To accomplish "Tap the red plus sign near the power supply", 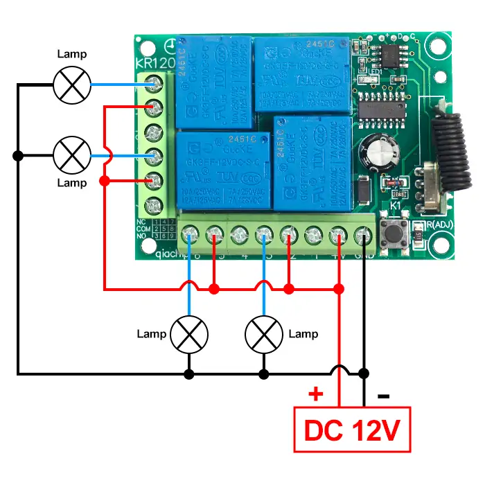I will pos(316,395).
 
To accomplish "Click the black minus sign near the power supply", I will pos(383,396).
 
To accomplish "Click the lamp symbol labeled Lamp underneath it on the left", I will pos(72,155).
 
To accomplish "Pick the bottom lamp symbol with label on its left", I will pos(189,335).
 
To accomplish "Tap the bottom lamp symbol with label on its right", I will pos(264,335).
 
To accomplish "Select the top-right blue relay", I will pos(301,75).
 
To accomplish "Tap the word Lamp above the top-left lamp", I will pos(72,53).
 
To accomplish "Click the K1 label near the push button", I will pos(396,205).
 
